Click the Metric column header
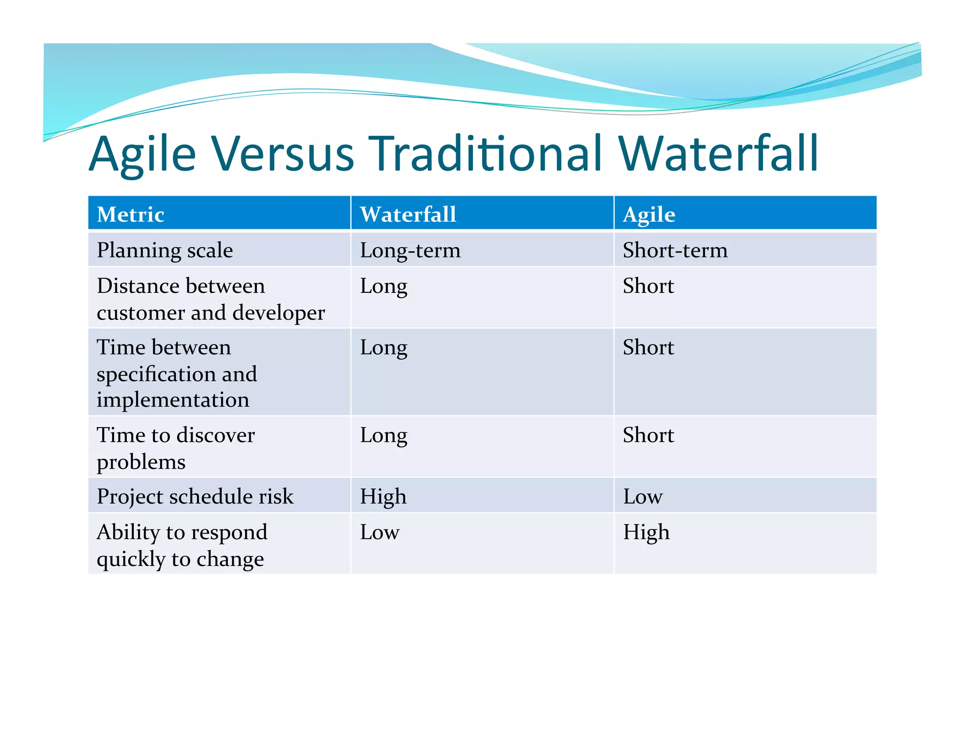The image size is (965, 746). pyautogui.click(x=131, y=215)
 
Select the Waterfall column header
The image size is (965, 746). pyautogui.click(x=408, y=215)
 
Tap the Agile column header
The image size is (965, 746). pyautogui.click(x=649, y=215)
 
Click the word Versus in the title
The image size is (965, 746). pyautogui.click(x=282, y=154)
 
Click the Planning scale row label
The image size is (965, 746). pyautogui.click(x=164, y=250)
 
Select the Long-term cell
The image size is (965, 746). pyautogui.click(x=410, y=250)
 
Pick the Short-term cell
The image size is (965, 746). pyautogui.click(x=675, y=250)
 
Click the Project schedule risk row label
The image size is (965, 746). pyautogui.click(x=195, y=497)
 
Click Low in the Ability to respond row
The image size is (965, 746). pyautogui.click(x=379, y=532)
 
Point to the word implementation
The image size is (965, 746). pyautogui.click(x=172, y=400)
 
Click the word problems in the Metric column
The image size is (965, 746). pyautogui.click(x=141, y=462)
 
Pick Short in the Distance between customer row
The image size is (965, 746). pyautogui.click(x=648, y=286)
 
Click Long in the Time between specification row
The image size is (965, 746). pyautogui.click(x=384, y=348)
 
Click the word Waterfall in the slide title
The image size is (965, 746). pyautogui.click(x=718, y=154)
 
